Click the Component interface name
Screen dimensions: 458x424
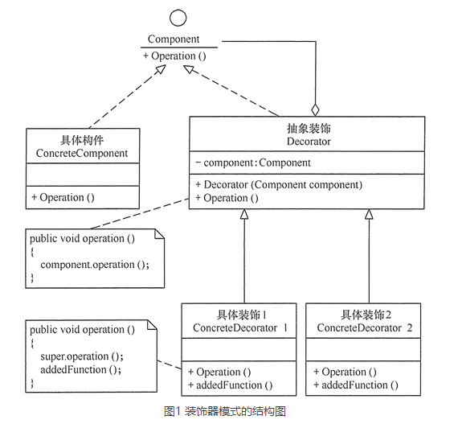pos(174,39)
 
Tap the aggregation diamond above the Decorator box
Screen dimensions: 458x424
pos(315,109)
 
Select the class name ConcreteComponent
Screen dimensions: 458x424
pos(82,153)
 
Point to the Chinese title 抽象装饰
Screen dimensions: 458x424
pos(309,129)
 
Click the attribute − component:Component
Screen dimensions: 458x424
pos(253,163)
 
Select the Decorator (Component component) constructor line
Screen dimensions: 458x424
pos(279,185)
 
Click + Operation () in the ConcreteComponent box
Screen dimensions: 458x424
pos(63,197)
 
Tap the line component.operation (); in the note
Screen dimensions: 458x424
pos(95,265)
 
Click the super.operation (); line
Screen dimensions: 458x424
pos(82,356)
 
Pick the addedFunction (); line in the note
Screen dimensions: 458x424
pos(80,369)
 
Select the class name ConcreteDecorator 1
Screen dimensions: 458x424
pos(240,328)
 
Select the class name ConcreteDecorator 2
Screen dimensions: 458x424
pos(365,328)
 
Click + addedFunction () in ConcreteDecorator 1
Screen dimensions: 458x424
pos(230,385)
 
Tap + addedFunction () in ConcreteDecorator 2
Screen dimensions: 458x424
pos(355,385)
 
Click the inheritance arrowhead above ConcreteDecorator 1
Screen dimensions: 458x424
pos(244,214)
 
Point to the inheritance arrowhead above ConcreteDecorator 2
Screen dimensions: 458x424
pos(369,214)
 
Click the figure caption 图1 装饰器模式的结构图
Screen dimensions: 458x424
pos(225,411)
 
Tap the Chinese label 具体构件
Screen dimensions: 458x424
pos(82,140)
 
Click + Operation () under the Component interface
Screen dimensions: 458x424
pos(174,56)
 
